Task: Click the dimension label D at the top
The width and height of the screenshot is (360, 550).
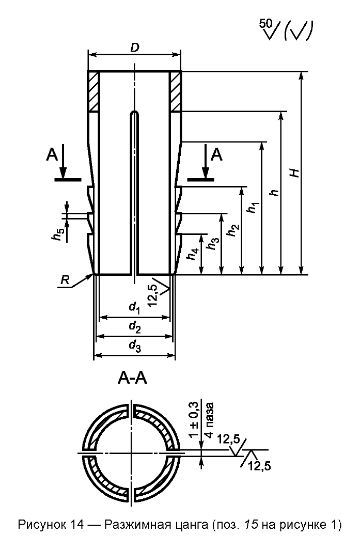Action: [x=135, y=48]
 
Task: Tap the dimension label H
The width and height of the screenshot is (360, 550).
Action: [x=296, y=172]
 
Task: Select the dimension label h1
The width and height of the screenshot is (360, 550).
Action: [x=253, y=207]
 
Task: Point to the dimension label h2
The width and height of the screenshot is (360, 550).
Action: [x=233, y=230]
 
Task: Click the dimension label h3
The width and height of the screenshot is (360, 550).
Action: [x=213, y=243]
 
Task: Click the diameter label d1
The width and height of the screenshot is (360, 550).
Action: [x=135, y=308]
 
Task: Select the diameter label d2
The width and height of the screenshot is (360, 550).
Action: [x=135, y=327]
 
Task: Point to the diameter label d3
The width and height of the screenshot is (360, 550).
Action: [x=135, y=346]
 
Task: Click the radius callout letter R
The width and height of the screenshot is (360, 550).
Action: [x=65, y=279]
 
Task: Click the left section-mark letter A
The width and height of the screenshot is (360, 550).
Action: [x=52, y=154]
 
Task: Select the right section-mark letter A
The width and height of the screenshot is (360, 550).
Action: [x=216, y=154]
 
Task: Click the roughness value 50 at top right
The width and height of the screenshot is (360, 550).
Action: [x=265, y=24]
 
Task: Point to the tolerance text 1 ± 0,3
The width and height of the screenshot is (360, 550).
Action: [x=194, y=420]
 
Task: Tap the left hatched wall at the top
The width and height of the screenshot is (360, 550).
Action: [x=93, y=91]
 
